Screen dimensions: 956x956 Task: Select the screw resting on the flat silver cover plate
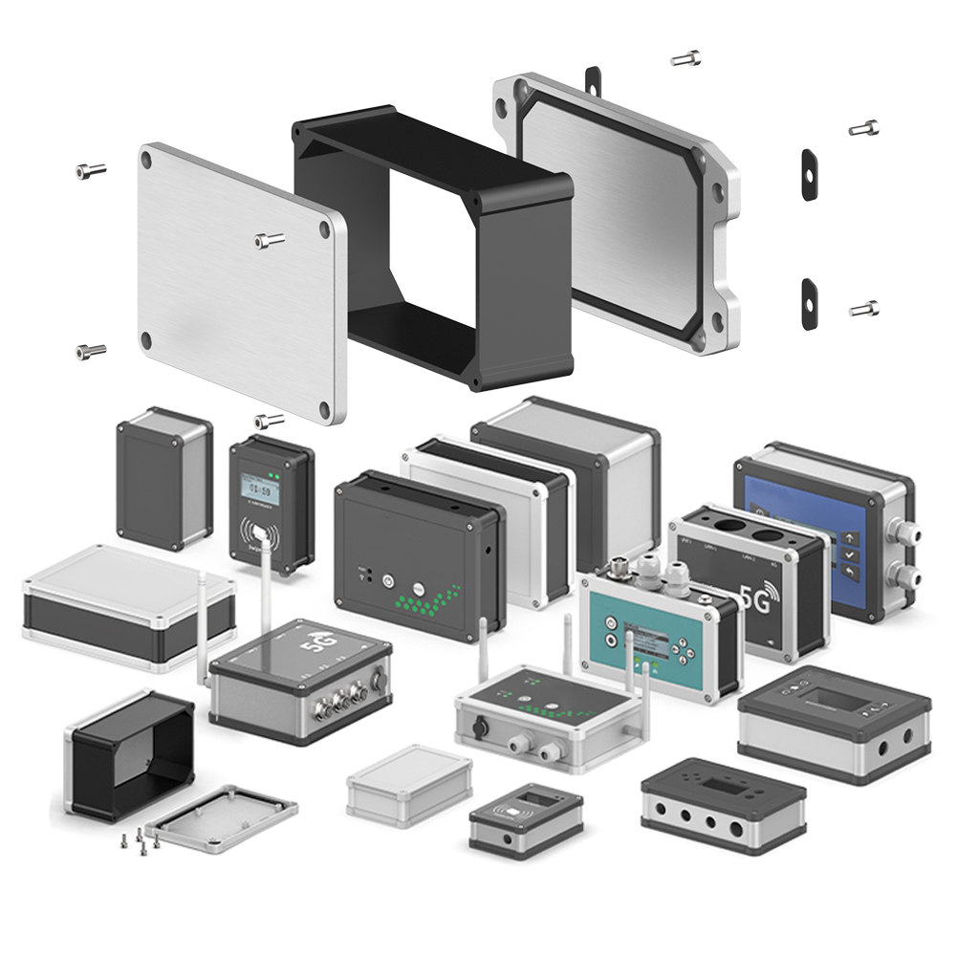[x=270, y=240]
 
